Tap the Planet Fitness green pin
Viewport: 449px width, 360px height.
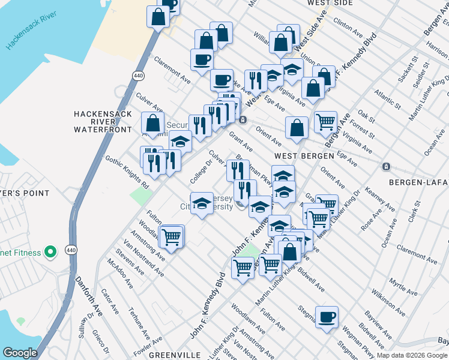51,252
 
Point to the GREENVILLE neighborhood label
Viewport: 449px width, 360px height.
174,355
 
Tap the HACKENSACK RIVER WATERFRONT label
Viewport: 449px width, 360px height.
102,121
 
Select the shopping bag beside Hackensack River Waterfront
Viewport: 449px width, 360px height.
153,123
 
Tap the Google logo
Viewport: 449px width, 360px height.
20,353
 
